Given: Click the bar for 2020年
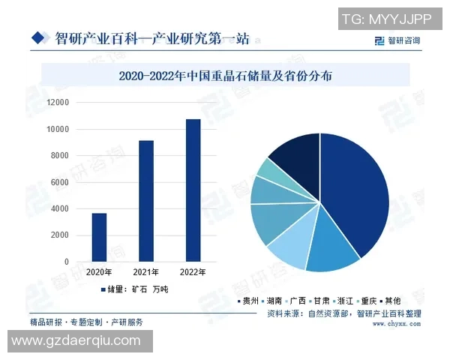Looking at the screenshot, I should coord(99,237).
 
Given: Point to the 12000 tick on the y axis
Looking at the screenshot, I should coord(57,102).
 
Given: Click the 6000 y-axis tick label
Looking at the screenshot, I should coord(59,182).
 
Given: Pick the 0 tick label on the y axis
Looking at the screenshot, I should coord(66,262).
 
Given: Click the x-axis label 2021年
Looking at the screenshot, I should coord(146,271).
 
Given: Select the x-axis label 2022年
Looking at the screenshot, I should coord(193,271).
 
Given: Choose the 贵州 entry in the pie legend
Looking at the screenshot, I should coord(248,300).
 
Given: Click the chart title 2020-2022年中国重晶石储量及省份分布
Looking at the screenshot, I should coord(225,75).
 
